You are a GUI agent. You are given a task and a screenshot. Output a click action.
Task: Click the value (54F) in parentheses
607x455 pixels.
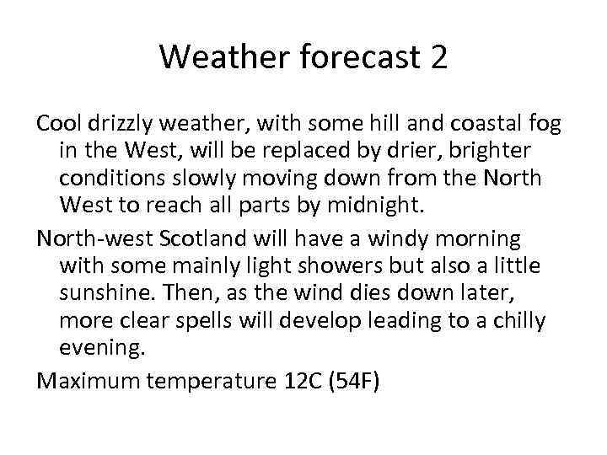354,382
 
